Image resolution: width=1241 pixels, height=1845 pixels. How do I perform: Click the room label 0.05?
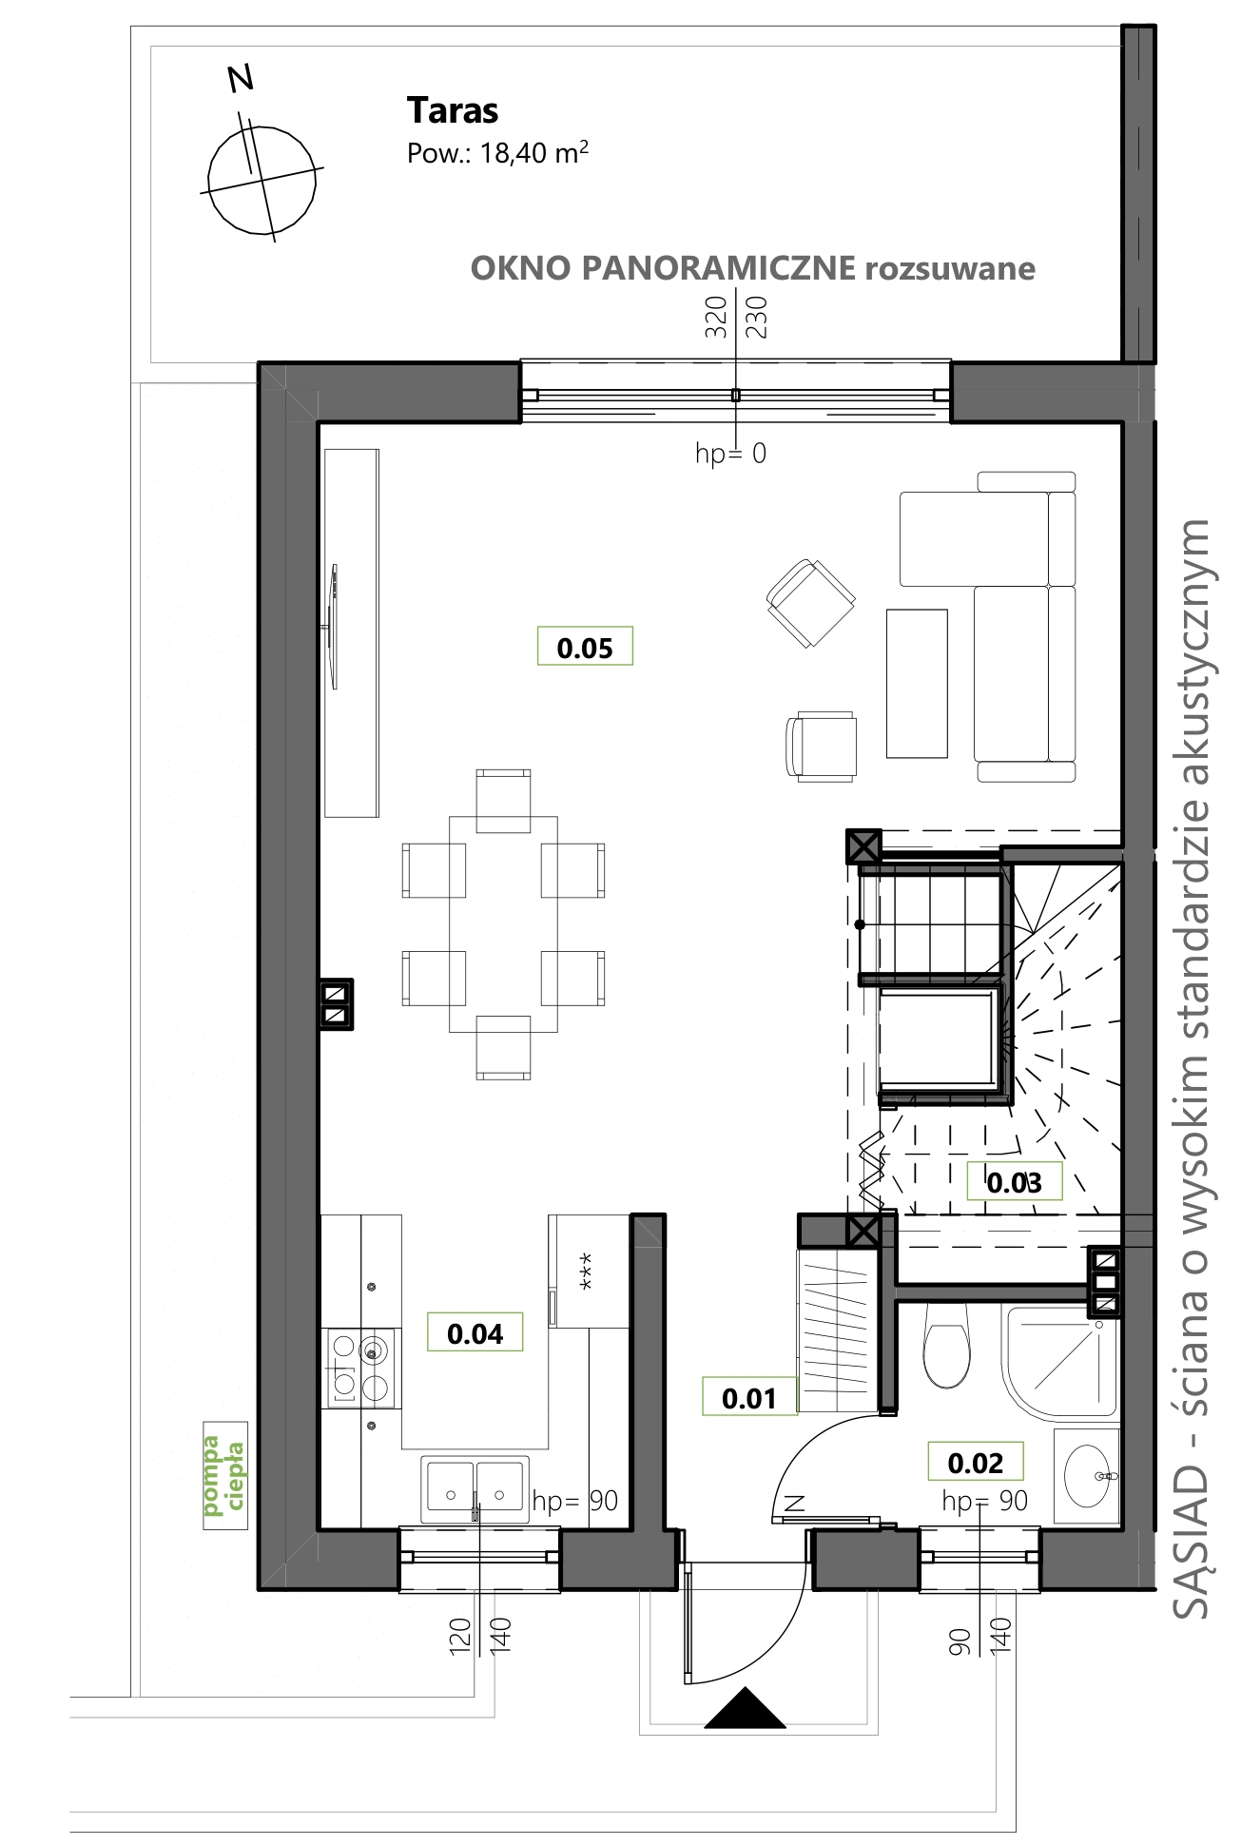(x=585, y=648)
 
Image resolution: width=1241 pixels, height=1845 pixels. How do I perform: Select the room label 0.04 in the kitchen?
(x=475, y=1333)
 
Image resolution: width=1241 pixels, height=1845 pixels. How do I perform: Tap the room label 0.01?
(x=749, y=1398)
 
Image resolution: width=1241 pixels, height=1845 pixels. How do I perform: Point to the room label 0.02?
(x=976, y=1463)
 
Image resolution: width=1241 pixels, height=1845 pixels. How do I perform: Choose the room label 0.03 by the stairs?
(x=1014, y=1182)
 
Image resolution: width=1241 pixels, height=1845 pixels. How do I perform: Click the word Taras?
(x=453, y=111)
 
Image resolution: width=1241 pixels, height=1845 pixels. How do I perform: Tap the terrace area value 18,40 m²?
(x=534, y=152)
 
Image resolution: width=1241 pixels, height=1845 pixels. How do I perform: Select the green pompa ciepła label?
(x=224, y=1475)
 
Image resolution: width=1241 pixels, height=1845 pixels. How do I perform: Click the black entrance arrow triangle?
(x=746, y=1708)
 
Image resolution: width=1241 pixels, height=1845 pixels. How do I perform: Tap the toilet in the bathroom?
(x=945, y=1345)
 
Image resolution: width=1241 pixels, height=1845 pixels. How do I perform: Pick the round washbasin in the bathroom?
(x=1087, y=1475)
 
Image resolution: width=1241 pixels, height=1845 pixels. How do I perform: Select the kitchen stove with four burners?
(x=360, y=1368)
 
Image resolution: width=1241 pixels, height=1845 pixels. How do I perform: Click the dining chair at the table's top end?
(x=503, y=801)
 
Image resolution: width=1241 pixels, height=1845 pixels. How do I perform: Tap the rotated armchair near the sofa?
(x=811, y=603)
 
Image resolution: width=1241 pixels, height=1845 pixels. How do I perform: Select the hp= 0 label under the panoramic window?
(x=730, y=454)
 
